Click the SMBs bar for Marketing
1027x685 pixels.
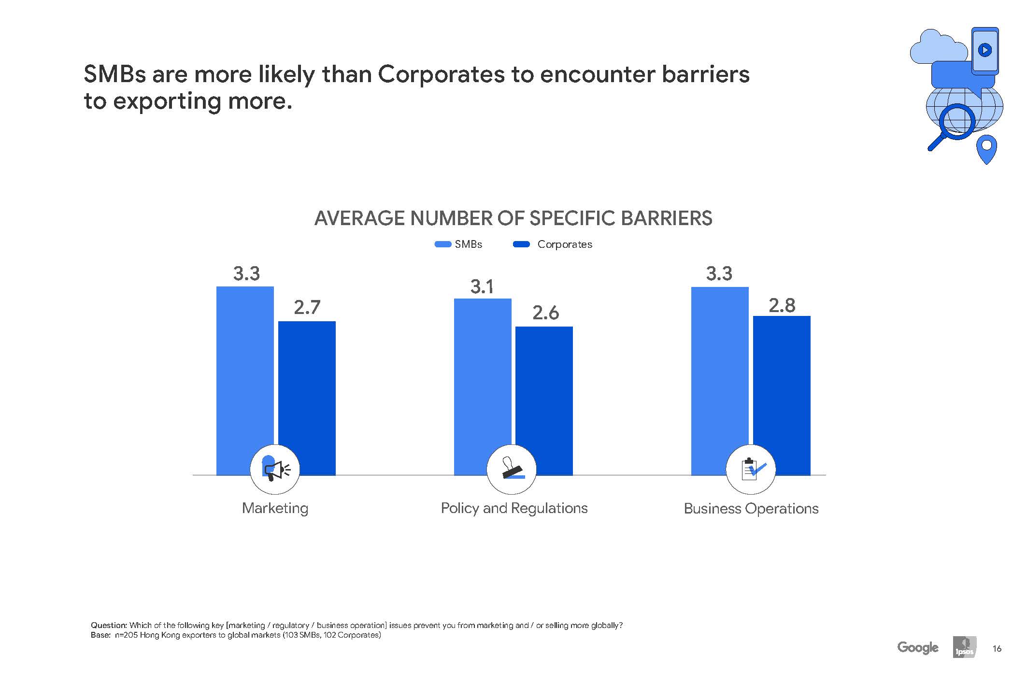tap(244, 367)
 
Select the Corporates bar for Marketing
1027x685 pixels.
tap(307, 386)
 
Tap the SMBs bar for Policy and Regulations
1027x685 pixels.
tap(482, 372)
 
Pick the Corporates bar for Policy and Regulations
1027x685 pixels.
tap(544, 391)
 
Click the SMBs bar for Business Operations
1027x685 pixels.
tap(719, 367)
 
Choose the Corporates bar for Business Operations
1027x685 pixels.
tap(781, 386)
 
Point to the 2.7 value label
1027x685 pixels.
tap(307, 307)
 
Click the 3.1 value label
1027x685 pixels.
tap(482, 287)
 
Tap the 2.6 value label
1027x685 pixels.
tap(545, 313)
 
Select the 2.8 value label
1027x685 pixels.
tap(782, 305)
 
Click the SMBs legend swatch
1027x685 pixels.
tap(443, 244)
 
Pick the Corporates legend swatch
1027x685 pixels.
tap(521, 244)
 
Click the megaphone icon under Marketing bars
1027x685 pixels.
tap(275, 469)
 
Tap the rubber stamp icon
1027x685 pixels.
tap(512, 469)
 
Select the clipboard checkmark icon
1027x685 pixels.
tap(751, 469)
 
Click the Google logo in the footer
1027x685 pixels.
tap(917, 647)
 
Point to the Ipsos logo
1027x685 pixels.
tap(964, 647)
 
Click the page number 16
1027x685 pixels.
tap(997, 648)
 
